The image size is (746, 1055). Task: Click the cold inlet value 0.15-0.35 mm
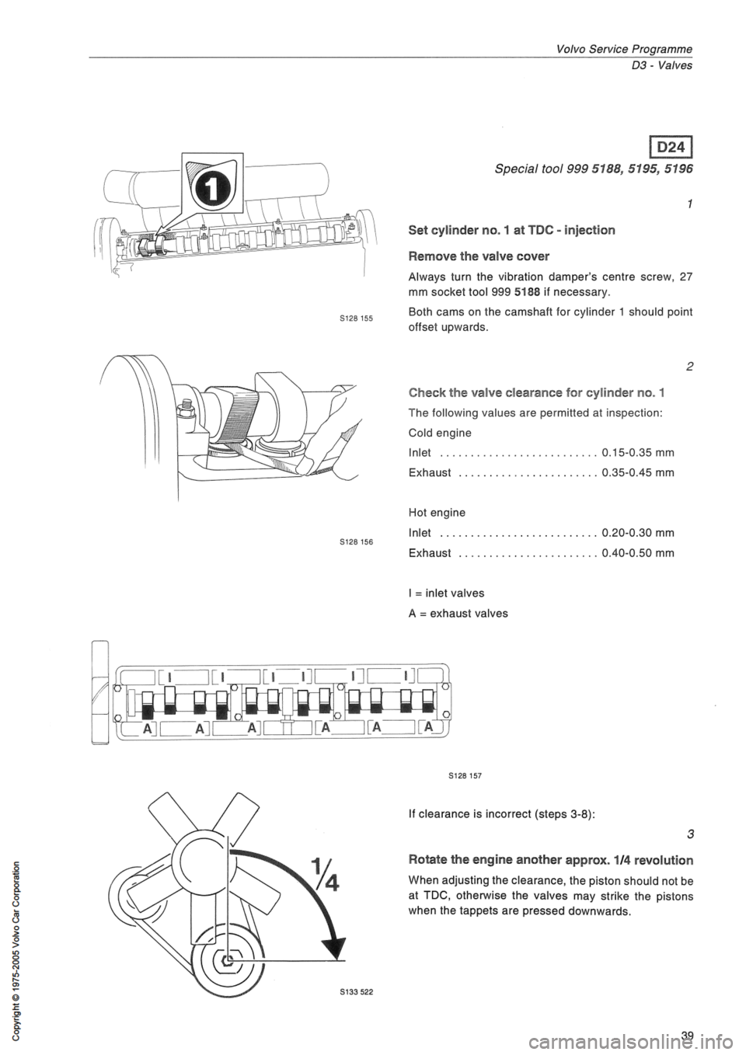[638, 453]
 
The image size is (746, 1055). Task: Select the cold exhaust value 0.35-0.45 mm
[638, 472]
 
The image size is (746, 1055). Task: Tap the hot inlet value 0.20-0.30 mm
[638, 533]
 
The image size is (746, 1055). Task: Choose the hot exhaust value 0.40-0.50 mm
[638, 552]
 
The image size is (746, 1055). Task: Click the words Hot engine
[437, 513]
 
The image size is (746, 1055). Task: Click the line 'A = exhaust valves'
[458, 613]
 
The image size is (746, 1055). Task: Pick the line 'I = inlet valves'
[447, 593]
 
